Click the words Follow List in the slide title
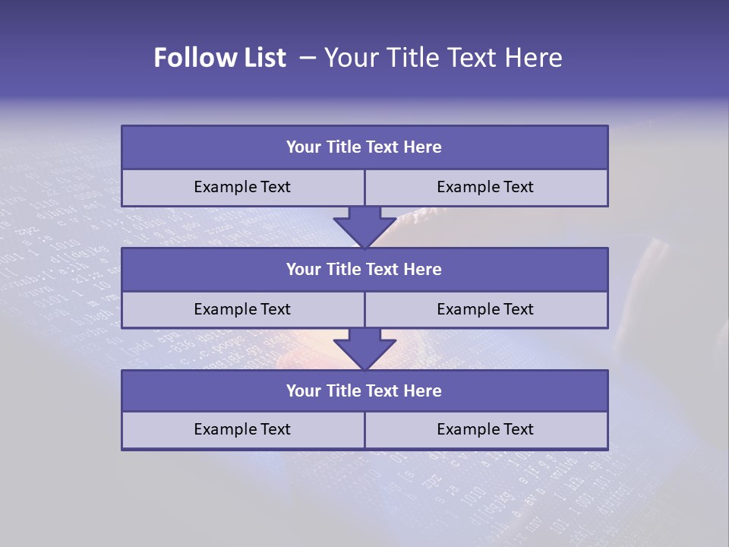(x=219, y=58)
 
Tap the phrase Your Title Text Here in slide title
(x=443, y=58)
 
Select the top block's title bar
(x=364, y=147)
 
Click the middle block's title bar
(x=364, y=270)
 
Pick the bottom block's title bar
(x=364, y=391)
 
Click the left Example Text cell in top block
(x=242, y=188)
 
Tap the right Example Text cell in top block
(x=485, y=188)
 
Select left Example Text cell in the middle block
(x=242, y=310)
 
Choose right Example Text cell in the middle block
(x=485, y=310)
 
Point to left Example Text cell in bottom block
(x=242, y=430)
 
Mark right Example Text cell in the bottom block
(x=485, y=430)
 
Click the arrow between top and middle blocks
(x=364, y=226)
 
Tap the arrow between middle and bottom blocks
(x=364, y=349)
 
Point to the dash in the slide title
(x=307, y=58)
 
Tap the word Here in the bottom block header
(x=422, y=391)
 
